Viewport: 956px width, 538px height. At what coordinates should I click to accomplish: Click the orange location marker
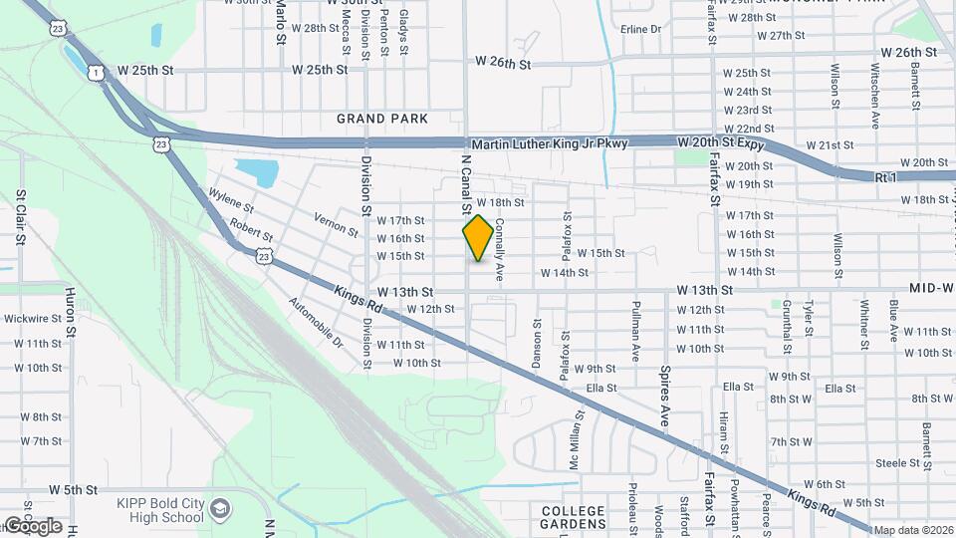(x=478, y=237)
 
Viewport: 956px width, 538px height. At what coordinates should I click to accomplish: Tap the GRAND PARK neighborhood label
(x=382, y=119)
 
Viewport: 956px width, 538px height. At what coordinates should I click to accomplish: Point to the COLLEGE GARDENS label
(x=573, y=518)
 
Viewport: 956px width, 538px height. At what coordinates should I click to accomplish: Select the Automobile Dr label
(x=316, y=322)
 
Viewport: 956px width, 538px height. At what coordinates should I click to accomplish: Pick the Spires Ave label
(x=664, y=396)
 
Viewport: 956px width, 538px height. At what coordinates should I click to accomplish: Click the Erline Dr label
(x=640, y=29)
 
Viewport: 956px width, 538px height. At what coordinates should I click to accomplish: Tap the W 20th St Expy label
(x=724, y=144)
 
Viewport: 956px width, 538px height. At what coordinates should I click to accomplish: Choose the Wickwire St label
(x=34, y=319)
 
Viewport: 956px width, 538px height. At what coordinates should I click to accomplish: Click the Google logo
(x=32, y=525)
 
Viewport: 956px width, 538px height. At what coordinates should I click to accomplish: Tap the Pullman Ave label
(x=635, y=337)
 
